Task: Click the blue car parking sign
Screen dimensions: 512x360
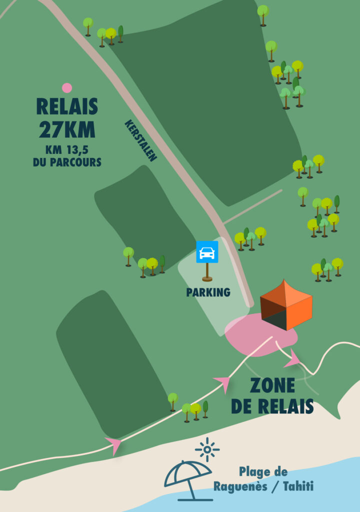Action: [x=207, y=251]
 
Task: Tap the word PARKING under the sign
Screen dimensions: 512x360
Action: [x=208, y=292]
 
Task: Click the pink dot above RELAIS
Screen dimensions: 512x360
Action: [x=67, y=88]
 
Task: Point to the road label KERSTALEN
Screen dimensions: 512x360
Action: [x=141, y=140]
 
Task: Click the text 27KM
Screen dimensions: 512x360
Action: [x=67, y=129]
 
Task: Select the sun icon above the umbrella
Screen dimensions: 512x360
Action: [x=207, y=449]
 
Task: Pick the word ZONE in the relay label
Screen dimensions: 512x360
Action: [x=272, y=386]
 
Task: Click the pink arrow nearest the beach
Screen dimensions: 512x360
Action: [x=114, y=444]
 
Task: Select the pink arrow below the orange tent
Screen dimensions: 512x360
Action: [x=291, y=359]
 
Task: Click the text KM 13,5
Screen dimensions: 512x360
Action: [x=67, y=150]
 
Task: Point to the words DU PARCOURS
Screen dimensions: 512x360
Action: [x=67, y=162]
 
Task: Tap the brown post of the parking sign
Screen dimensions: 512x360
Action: [x=207, y=271]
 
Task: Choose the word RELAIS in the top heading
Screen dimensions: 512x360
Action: [x=67, y=106]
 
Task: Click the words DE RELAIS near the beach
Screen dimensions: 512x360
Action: [x=272, y=406]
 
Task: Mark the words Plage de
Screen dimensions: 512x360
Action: [x=263, y=471]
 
